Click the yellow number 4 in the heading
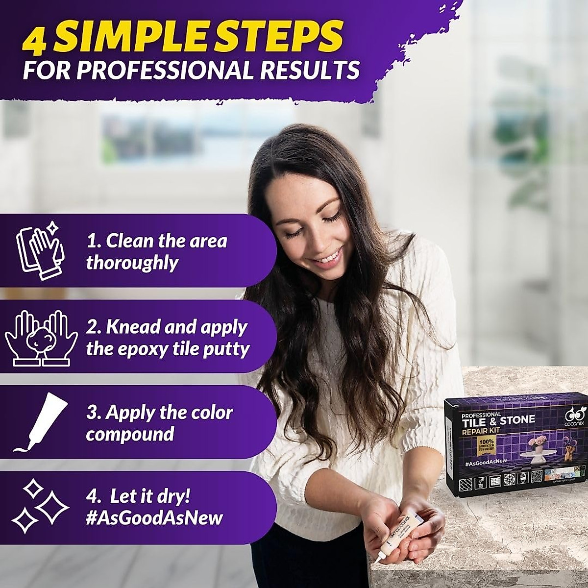(35, 38)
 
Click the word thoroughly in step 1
(132, 263)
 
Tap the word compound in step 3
(130, 434)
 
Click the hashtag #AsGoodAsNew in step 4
(154, 518)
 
